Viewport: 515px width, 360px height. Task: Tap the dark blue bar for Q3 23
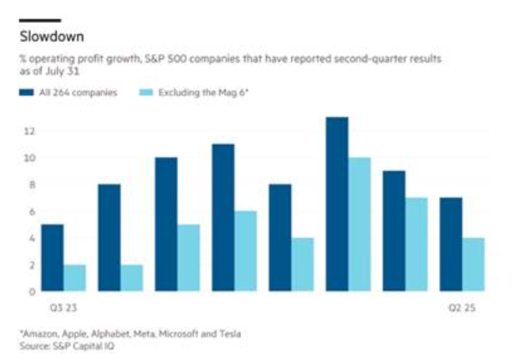tap(51, 258)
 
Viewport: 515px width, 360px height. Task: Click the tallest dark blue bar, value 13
tap(337, 205)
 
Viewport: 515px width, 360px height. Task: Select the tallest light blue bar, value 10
tap(359, 224)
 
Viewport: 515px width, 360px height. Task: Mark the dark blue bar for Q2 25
tap(451, 244)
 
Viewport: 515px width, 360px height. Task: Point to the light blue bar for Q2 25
tap(473, 264)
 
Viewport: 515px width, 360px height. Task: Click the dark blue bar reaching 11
tap(223, 217)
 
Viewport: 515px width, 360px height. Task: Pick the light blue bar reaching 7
tap(416, 244)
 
